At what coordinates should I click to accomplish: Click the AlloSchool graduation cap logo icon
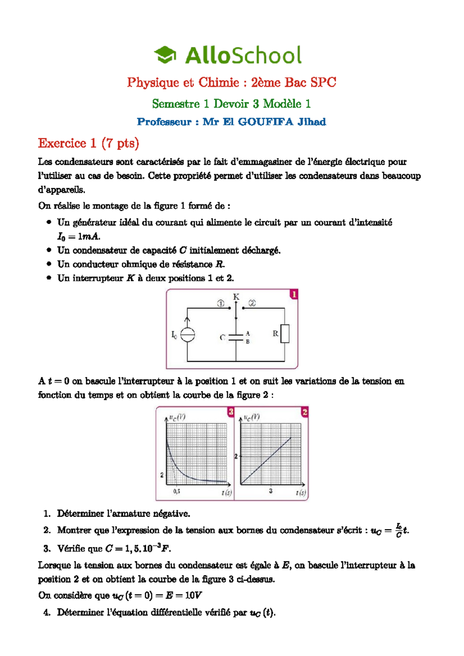(165, 55)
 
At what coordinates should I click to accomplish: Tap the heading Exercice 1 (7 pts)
(88, 143)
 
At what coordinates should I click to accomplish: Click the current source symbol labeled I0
(188, 335)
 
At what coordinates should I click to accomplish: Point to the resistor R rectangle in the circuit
(285, 334)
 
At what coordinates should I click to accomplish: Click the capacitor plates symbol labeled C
(236, 337)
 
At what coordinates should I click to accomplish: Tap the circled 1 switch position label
(220, 304)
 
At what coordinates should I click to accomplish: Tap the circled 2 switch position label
(252, 303)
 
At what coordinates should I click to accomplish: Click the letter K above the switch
(236, 297)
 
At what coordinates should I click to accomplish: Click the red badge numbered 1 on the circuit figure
(294, 295)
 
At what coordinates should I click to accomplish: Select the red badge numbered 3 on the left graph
(230, 412)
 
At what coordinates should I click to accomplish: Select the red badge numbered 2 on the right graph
(305, 412)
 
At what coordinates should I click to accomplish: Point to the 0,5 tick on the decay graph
(177, 491)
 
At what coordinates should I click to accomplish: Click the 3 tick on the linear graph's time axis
(271, 491)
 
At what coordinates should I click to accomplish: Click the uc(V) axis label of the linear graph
(252, 417)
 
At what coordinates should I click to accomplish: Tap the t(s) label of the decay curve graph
(227, 493)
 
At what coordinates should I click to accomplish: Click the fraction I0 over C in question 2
(399, 530)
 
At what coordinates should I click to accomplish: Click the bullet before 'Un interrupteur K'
(49, 278)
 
